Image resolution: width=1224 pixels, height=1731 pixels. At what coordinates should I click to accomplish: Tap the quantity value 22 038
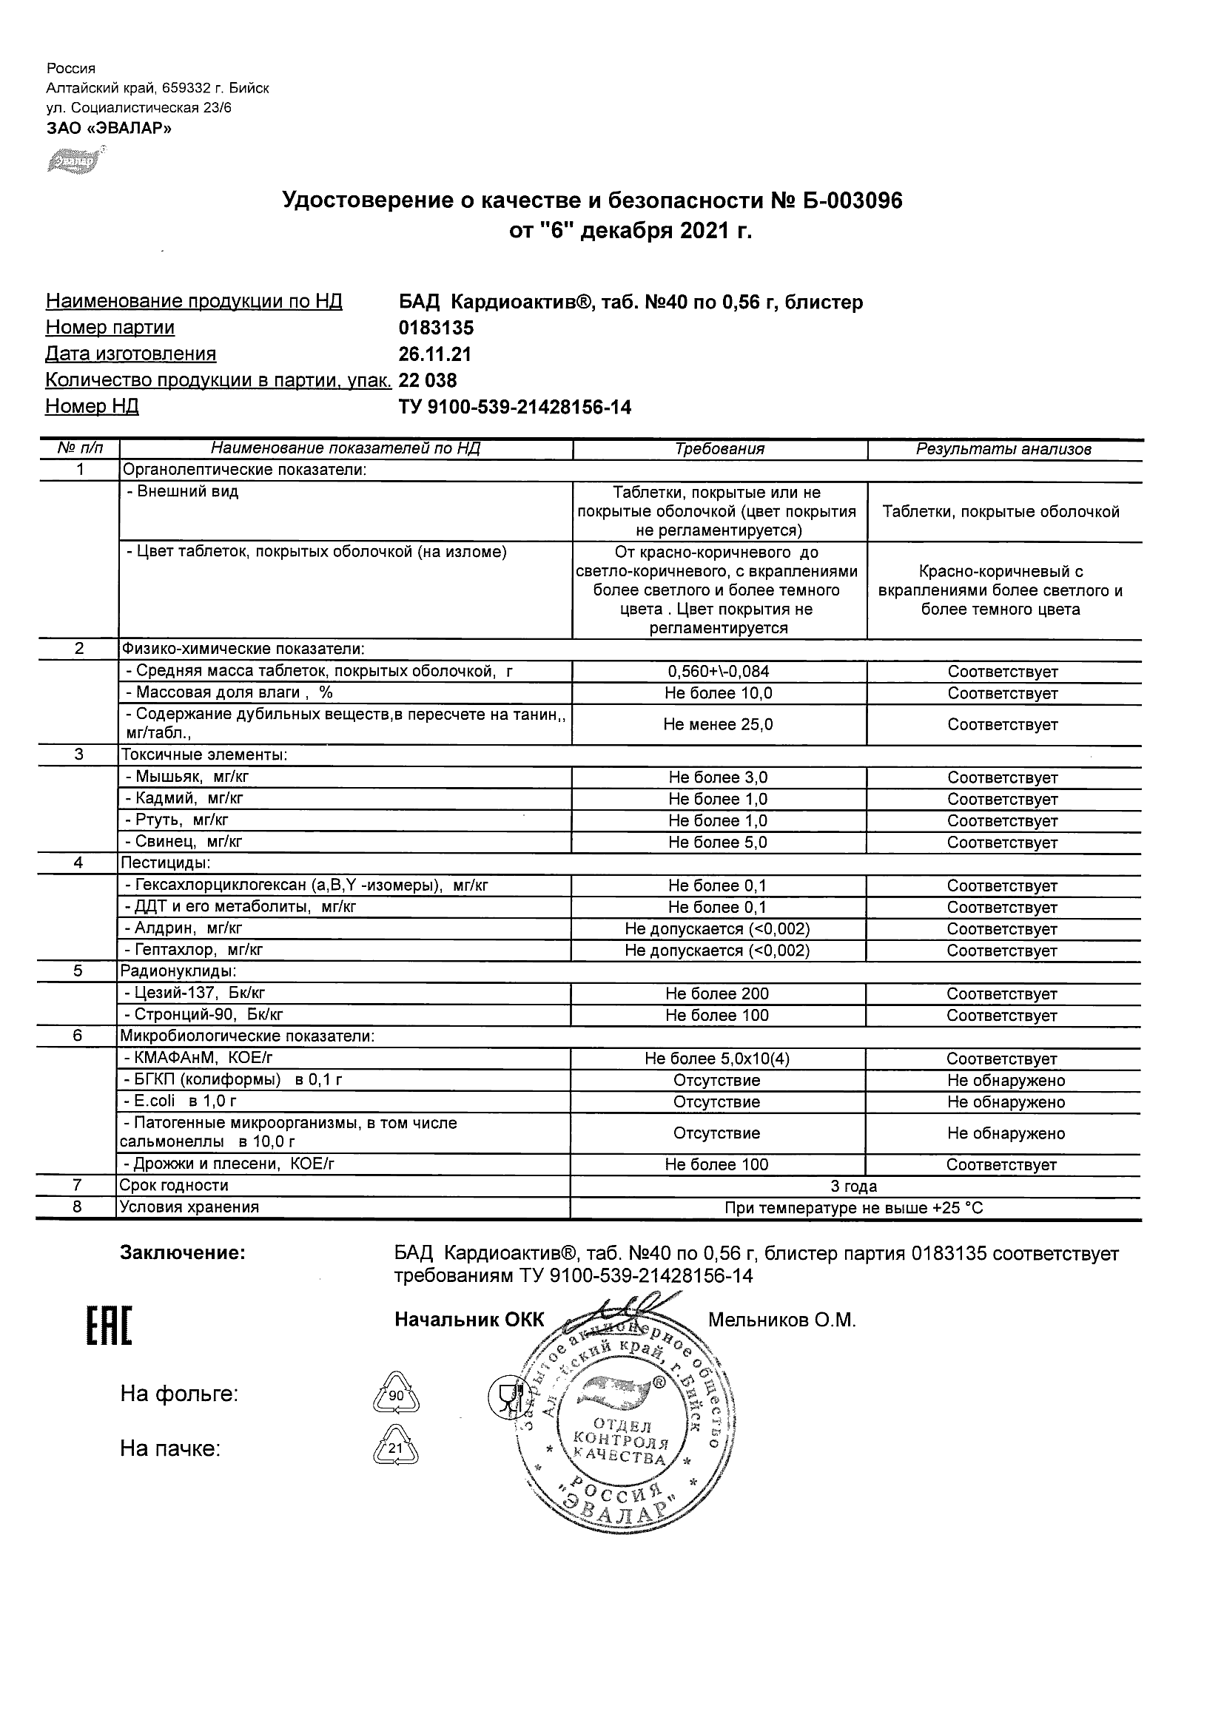point(428,381)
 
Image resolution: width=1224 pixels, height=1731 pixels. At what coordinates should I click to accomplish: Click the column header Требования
point(719,449)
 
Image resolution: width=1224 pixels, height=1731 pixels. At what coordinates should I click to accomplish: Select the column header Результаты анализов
point(1003,450)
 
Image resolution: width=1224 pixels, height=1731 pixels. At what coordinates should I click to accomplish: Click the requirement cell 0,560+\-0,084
point(719,672)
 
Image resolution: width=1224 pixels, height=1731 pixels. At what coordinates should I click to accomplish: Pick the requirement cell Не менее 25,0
point(718,725)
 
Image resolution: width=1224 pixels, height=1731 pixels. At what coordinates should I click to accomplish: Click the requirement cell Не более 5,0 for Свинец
point(718,843)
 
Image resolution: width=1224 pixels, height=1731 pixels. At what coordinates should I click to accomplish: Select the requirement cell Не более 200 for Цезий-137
point(717,994)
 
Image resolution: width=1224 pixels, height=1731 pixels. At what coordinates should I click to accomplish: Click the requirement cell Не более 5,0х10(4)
point(717,1059)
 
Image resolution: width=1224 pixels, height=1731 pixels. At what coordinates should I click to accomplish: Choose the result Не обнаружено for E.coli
point(1006,1102)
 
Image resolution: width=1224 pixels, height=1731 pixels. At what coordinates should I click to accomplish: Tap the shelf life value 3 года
point(854,1187)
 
